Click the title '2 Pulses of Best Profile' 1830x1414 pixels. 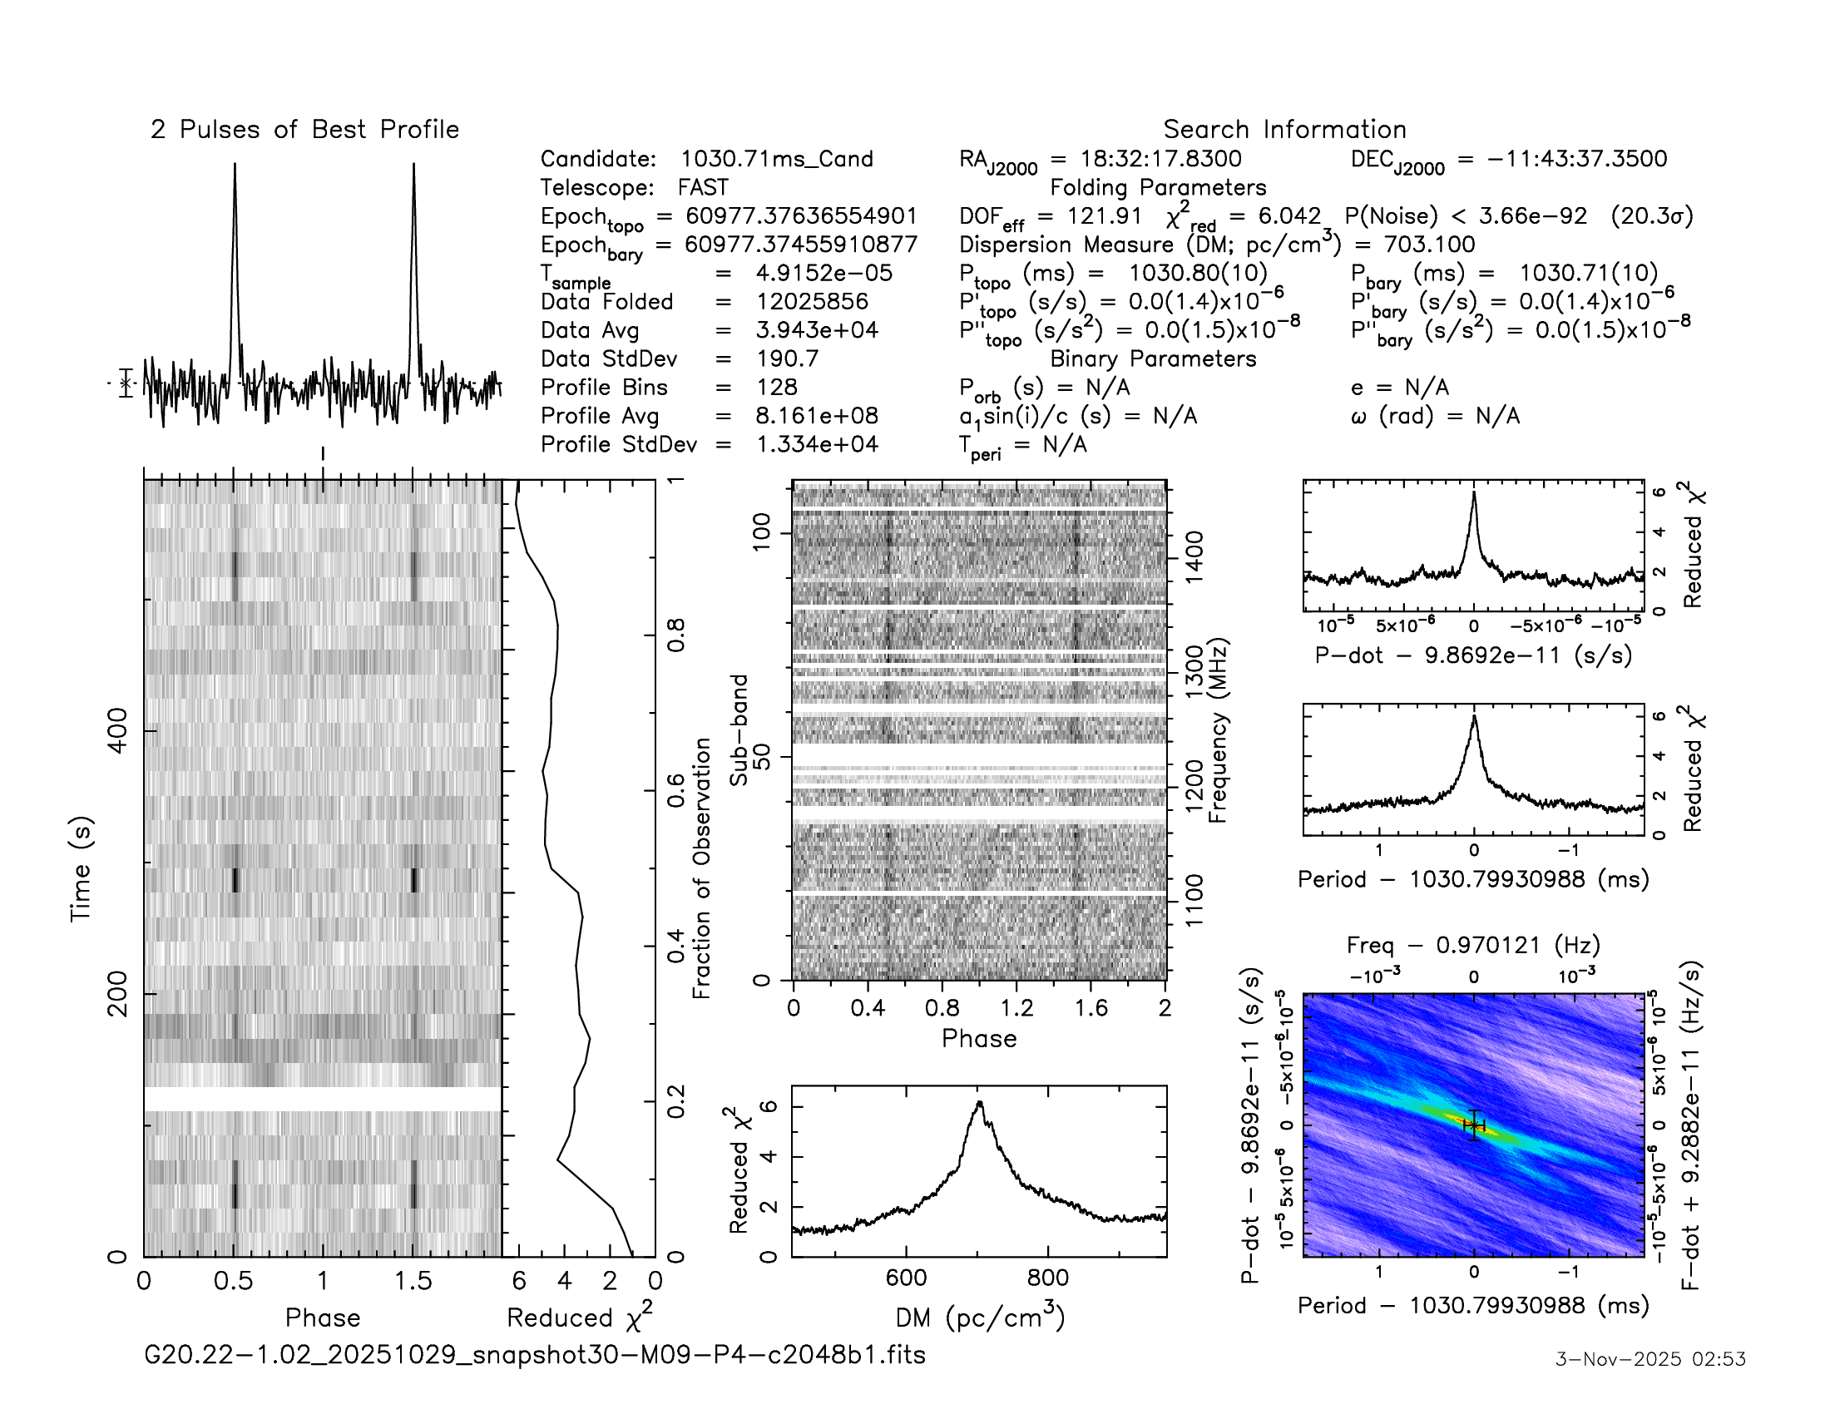[305, 130]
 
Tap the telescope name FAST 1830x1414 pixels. [703, 188]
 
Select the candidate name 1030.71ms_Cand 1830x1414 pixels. [777, 159]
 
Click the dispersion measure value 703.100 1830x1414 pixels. [1428, 245]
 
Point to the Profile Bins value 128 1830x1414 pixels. [777, 387]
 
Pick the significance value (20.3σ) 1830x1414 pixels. [1651, 216]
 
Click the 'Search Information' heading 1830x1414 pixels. [1283, 130]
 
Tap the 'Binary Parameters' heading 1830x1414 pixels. [1153, 358]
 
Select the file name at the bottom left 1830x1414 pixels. [535, 1354]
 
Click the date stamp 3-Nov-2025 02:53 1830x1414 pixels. [1649, 1359]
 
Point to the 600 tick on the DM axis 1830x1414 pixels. [906, 1278]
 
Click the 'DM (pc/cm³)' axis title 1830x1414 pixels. [980, 1317]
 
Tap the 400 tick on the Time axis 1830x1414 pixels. [118, 730]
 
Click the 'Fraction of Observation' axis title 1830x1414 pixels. [701, 868]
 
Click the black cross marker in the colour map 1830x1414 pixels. [1474, 1126]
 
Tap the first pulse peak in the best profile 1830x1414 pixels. [235, 165]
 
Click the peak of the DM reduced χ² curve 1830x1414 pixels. [979, 1102]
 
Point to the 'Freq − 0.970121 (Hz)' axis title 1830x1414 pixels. [1473, 946]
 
